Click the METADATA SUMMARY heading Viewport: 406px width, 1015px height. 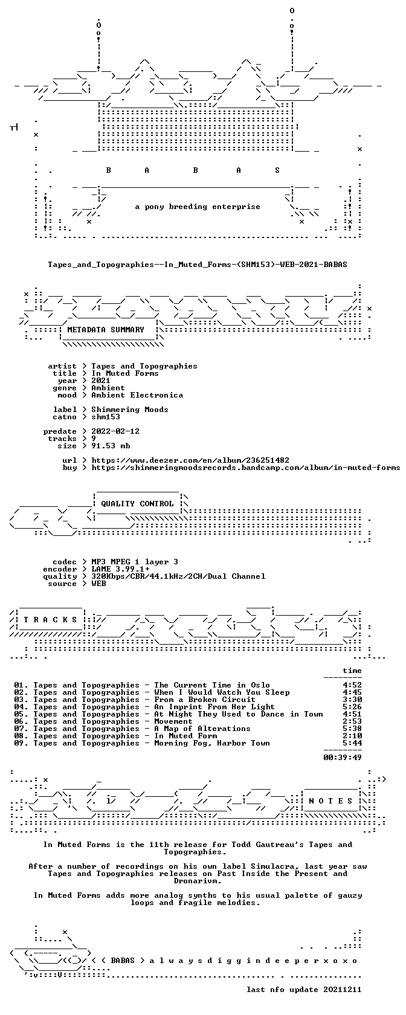coord(106,330)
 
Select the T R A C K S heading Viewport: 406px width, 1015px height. coord(50,620)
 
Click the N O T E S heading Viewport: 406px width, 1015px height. coord(330,801)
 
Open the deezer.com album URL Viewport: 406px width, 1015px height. coord(190,460)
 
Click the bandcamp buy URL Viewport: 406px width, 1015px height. coord(245,468)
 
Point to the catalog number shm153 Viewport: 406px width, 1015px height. coord(106,417)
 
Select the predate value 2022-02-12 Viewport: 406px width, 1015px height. coord(115,431)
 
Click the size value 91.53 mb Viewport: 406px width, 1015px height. coord(111,446)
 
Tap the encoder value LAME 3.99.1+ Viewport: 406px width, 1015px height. coord(120,569)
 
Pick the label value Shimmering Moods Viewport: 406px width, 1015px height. coord(129,410)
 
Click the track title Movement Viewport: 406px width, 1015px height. coord(173,721)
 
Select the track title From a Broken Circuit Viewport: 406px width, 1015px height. coord(205,700)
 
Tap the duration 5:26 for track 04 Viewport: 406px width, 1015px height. coord(352,707)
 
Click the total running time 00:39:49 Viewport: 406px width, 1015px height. coord(343,758)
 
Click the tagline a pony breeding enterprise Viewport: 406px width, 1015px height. coord(198,207)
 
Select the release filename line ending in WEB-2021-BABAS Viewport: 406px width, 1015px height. coord(198,265)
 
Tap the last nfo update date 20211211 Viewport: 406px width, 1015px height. coord(343,990)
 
